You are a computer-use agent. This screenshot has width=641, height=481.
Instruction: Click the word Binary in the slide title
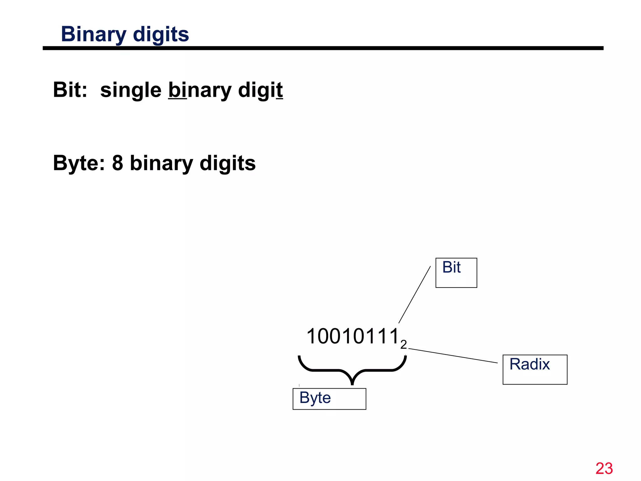93,34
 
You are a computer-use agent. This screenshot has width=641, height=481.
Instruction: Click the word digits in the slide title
161,34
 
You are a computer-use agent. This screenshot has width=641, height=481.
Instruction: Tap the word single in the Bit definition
131,90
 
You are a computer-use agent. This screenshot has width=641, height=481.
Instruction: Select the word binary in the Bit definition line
200,90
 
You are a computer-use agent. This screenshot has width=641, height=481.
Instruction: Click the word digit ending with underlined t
260,90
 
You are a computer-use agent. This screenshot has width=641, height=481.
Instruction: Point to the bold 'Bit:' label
70,90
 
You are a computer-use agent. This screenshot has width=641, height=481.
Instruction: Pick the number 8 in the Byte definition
117,163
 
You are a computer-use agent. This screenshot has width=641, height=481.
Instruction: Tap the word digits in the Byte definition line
228,163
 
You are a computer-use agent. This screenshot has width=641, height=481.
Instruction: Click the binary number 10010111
353,336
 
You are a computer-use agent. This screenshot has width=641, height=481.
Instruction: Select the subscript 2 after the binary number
403,344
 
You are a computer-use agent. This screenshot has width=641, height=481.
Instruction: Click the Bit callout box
456,273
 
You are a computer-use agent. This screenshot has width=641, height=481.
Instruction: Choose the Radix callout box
535,370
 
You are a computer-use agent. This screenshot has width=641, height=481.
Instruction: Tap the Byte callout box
329,399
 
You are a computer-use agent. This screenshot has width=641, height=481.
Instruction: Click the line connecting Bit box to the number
415,294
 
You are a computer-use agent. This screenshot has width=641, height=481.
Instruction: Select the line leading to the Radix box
453,356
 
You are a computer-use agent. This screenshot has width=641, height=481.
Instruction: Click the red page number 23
604,468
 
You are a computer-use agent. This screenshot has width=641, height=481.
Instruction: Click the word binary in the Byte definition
162,163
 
